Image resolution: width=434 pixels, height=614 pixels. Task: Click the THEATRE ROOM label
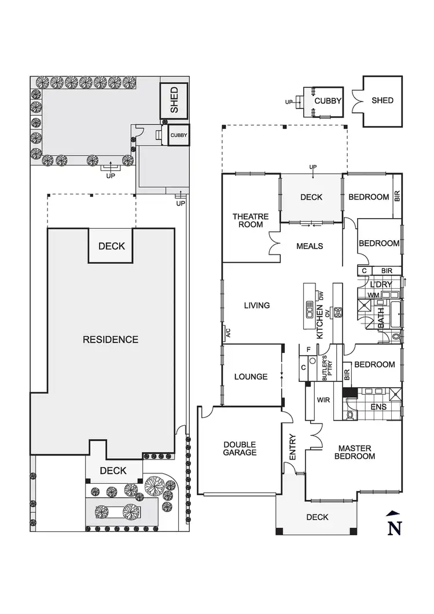(x=251, y=220)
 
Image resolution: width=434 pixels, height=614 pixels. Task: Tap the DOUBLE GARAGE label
(x=239, y=448)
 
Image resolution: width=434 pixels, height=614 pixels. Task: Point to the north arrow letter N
(x=394, y=527)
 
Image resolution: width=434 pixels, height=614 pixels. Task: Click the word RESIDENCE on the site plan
(x=111, y=340)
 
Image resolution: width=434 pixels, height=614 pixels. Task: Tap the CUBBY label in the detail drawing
(x=328, y=101)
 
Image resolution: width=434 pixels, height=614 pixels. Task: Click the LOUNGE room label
(x=251, y=377)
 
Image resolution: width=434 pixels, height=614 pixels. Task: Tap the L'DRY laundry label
(x=382, y=284)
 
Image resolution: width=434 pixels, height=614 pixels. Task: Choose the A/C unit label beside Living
(x=228, y=333)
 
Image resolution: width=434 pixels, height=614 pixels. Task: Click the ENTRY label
(x=292, y=447)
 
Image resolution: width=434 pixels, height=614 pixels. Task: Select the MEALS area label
(x=310, y=246)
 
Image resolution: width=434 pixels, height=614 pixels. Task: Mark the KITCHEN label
(x=319, y=324)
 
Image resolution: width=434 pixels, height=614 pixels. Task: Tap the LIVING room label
(x=257, y=305)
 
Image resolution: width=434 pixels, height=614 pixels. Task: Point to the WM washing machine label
(x=373, y=296)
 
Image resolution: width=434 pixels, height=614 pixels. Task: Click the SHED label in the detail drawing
(x=382, y=100)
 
